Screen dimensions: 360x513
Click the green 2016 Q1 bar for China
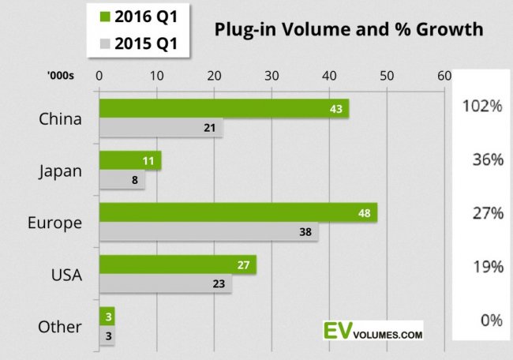point(223,109)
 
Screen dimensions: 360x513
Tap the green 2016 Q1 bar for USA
point(177,265)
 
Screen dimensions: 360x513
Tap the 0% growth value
point(492,320)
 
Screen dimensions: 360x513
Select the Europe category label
point(60,223)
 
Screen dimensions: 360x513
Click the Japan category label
point(60,170)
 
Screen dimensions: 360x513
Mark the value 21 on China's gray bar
point(210,128)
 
